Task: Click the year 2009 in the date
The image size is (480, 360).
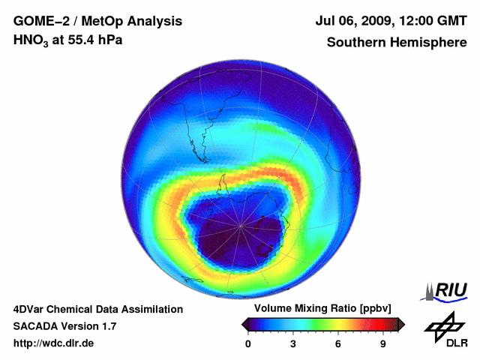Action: pyautogui.click(x=380, y=21)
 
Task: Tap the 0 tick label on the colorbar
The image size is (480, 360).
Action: pyautogui.click(x=248, y=343)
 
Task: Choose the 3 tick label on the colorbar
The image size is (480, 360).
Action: pyautogui.click(x=293, y=343)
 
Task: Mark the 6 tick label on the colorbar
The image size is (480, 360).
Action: pyautogui.click(x=338, y=343)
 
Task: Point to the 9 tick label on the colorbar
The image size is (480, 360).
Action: pyautogui.click(x=382, y=343)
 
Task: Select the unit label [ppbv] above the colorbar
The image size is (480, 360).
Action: pyautogui.click(x=374, y=309)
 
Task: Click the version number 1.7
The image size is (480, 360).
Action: pyautogui.click(x=108, y=326)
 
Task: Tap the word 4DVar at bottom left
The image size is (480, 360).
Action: pyautogui.click(x=30, y=309)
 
